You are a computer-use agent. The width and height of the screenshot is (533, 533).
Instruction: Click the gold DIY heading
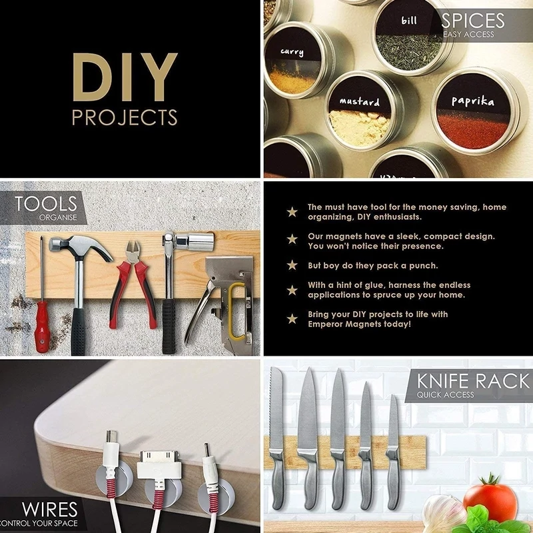point(125,77)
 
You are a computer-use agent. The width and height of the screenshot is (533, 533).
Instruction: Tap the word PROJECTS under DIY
point(125,118)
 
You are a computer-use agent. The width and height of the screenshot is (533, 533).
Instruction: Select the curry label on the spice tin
point(292,52)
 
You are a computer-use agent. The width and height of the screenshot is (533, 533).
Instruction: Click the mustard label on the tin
point(360,101)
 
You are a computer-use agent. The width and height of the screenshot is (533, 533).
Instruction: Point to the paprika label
point(473,101)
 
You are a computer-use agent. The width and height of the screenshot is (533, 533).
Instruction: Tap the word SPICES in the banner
point(473,21)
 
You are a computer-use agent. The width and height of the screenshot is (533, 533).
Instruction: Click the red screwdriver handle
point(42,326)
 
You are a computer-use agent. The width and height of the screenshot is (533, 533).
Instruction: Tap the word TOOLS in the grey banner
point(46,204)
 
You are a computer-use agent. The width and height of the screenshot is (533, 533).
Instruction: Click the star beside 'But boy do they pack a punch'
point(292,265)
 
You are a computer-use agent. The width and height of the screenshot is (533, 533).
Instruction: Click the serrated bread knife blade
point(276,408)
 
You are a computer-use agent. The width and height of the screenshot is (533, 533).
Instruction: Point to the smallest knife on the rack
point(392,452)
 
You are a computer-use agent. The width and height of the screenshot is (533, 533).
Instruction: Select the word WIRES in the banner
point(49,510)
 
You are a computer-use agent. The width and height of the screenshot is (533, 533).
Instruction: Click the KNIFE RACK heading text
point(473,381)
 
